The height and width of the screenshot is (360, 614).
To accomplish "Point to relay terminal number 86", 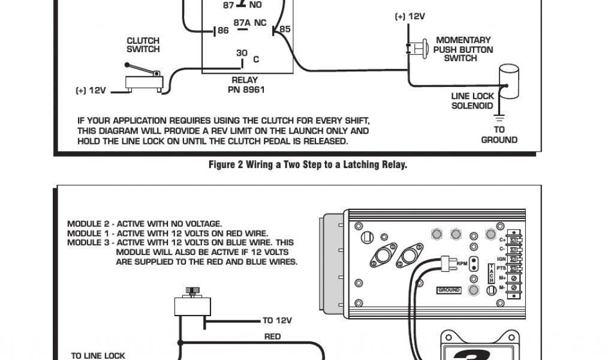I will point(223,30).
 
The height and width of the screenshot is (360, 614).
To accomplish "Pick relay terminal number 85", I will point(285,29).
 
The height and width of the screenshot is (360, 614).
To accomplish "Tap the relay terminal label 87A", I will point(242,23).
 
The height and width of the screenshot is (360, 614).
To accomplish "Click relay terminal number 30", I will point(241,53).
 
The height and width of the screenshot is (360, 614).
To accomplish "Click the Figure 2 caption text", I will point(308,164).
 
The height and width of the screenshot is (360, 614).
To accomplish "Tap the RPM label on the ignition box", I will point(462,263).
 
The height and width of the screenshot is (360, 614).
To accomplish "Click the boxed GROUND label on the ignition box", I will point(449,290).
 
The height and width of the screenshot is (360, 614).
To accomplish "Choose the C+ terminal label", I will point(502,239).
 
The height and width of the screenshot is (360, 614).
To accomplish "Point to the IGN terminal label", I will point(502,258).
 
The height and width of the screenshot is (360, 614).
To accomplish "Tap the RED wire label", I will point(272,337).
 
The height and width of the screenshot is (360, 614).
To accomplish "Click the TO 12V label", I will point(277,320).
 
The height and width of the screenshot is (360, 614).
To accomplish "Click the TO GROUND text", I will point(499,135).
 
